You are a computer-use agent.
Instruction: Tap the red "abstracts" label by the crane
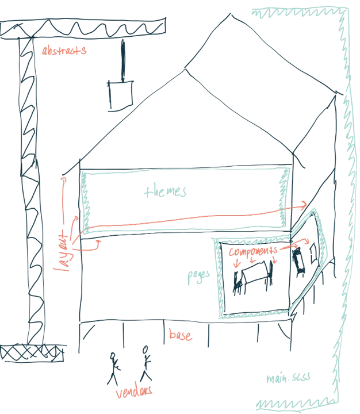(64, 51)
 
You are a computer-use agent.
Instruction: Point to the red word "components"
(253, 252)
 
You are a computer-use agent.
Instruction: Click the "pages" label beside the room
(198, 275)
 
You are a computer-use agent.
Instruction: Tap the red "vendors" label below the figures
(134, 392)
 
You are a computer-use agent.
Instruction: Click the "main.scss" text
(285, 378)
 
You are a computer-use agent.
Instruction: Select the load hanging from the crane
(120, 95)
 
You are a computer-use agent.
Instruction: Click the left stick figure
(114, 367)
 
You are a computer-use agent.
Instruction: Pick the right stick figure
(145, 363)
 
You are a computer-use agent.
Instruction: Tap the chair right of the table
(270, 271)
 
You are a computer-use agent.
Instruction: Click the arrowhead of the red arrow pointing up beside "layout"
(64, 180)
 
